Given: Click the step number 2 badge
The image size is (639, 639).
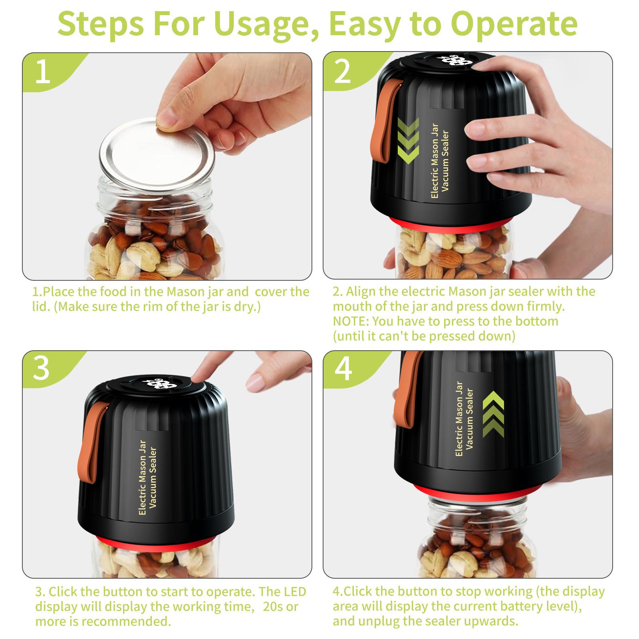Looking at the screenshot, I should (x=342, y=72).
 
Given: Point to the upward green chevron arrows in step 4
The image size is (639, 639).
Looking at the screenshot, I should (x=493, y=413).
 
